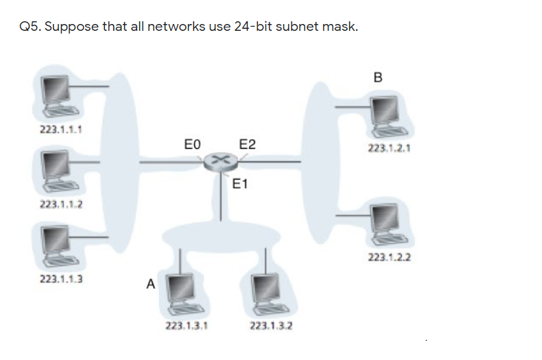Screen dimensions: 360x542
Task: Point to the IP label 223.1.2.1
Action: (386, 148)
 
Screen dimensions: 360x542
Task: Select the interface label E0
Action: (193, 144)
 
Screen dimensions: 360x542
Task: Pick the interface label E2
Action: (247, 144)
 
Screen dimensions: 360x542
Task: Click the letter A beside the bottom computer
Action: (150, 283)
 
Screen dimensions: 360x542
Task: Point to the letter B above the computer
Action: (378, 77)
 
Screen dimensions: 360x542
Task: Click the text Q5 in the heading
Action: (30, 27)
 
